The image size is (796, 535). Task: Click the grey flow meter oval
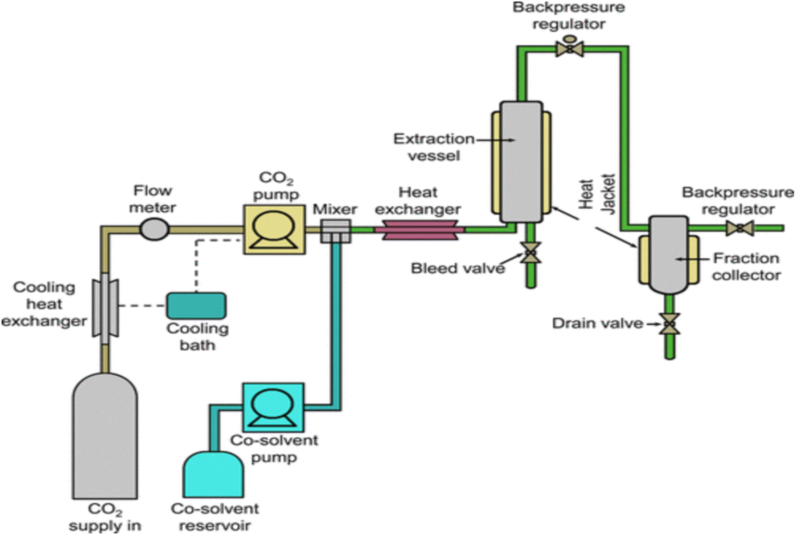point(154,229)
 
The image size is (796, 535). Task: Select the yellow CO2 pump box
point(274,229)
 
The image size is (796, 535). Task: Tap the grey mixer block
point(336,231)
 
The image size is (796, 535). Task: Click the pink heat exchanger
point(419,229)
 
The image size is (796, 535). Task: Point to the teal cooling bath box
point(196,306)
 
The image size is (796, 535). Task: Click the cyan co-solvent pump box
point(273,407)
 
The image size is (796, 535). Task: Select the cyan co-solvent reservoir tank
point(214,474)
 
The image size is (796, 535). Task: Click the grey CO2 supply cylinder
point(105,436)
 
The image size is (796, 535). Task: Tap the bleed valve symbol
point(530,253)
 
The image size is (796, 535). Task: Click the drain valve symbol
point(669,324)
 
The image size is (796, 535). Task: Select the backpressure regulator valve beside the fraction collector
point(740,228)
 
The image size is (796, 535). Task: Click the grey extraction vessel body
point(521,162)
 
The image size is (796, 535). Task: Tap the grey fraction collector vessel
point(669,255)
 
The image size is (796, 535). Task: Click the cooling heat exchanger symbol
point(105,308)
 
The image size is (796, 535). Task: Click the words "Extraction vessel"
point(434,147)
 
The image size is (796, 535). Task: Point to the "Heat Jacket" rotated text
point(597,194)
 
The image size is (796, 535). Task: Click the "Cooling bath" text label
point(198,336)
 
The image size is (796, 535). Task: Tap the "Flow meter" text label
point(153,199)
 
